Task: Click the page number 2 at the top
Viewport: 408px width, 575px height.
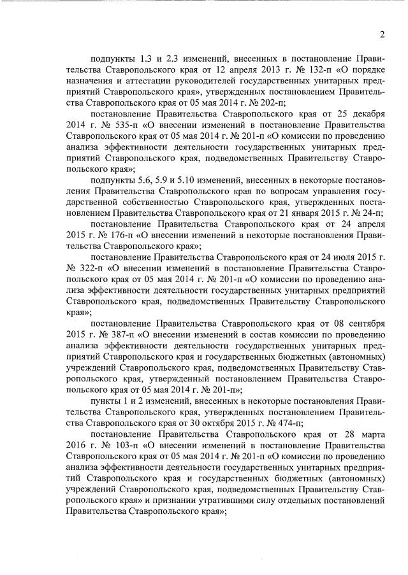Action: coord(381,34)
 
